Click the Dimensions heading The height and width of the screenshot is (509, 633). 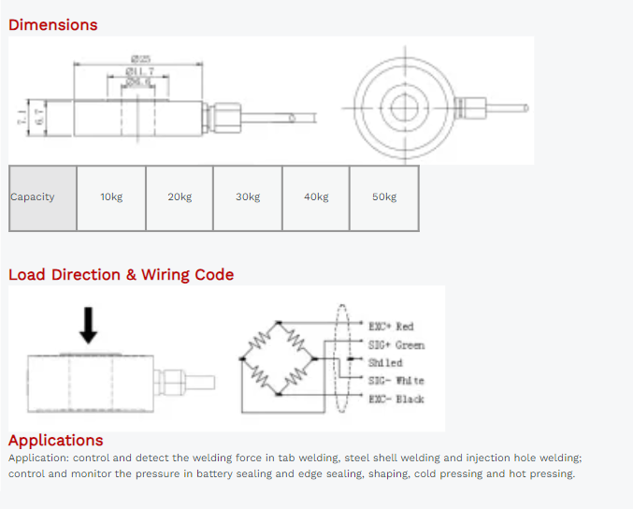[53, 25]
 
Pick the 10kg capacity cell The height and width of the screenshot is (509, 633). [111, 197]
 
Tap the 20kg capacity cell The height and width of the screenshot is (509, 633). [180, 197]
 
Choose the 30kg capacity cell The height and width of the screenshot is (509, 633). [248, 197]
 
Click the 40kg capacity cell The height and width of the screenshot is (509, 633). [316, 197]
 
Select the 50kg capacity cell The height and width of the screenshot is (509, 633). [384, 197]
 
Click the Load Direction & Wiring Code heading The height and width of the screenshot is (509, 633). [121, 275]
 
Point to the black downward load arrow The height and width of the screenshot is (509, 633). [88, 324]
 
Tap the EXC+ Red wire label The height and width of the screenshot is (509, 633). [391, 327]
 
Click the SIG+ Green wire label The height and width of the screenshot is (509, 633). [396, 345]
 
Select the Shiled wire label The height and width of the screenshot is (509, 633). [385, 363]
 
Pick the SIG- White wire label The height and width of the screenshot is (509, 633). [396, 381]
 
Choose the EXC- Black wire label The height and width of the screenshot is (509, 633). [396, 400]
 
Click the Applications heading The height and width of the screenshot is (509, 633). [56, 441]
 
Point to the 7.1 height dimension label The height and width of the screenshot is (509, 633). [21, 117]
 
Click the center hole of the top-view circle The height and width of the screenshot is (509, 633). [404, 108]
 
